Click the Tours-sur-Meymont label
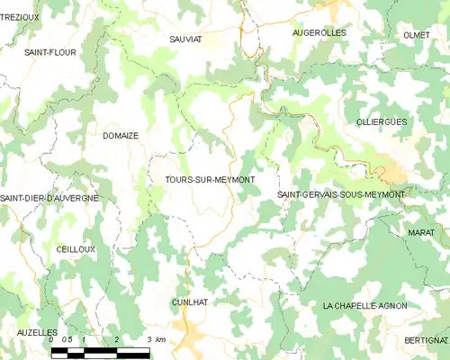pos(210,180)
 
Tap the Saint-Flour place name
pos(49,52)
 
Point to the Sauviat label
pos(186,40)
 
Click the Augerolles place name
pos(319,32)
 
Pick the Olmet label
pos(417,34)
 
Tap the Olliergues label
pos(381,121)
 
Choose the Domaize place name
pos(120,136)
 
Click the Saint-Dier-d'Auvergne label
pos(49,197)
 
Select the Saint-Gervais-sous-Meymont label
pos(341,194)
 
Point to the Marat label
pos(419,232)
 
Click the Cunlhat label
pos(189,302)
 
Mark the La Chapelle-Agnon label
pos(364,306)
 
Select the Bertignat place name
pos(427,340)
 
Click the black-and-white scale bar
pos(100,353)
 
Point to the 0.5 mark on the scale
pos(67,339)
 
